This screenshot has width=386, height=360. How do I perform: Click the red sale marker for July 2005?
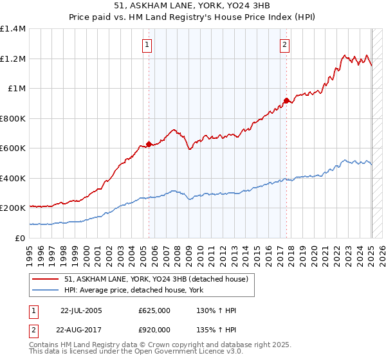[149, 144]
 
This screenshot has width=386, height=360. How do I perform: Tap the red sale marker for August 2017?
[286, 100]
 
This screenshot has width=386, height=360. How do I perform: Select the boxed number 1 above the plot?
[148, 45]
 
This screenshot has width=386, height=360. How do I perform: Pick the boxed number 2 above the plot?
[284, 45]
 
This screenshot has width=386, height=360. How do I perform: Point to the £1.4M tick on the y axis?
[13, 29]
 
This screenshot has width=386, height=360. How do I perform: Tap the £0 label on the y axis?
[21, 238]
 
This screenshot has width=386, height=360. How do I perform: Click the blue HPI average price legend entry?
[133, 291]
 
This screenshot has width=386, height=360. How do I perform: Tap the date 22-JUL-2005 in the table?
[81, 310]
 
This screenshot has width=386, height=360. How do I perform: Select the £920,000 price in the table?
[154, 329]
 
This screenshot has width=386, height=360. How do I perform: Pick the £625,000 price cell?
[154, 310]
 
